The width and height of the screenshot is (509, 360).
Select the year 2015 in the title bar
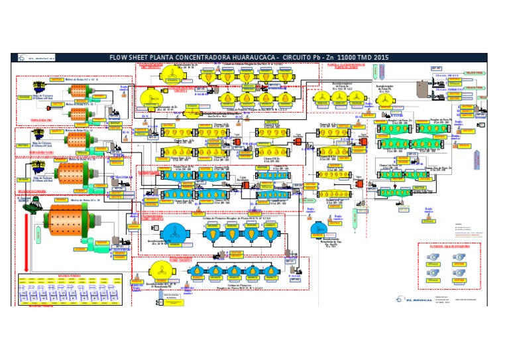coord(379,58)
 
